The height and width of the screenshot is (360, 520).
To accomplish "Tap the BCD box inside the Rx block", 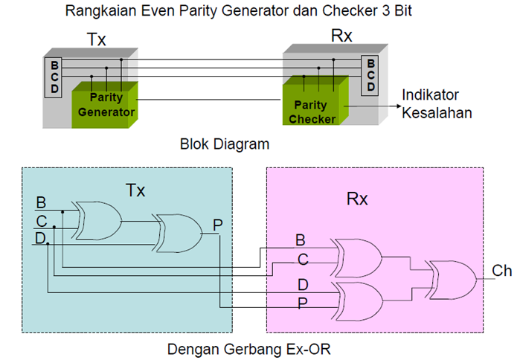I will pos(370,74).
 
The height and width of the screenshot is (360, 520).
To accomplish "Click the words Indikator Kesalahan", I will pos(437,105).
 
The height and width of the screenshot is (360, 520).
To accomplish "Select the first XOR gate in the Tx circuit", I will pos(98,220).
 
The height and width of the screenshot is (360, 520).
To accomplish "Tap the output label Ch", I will pos(501,271).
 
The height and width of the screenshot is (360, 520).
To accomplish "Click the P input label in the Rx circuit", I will pos(301,303).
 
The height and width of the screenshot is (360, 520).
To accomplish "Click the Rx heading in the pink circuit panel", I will pos(359,199).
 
